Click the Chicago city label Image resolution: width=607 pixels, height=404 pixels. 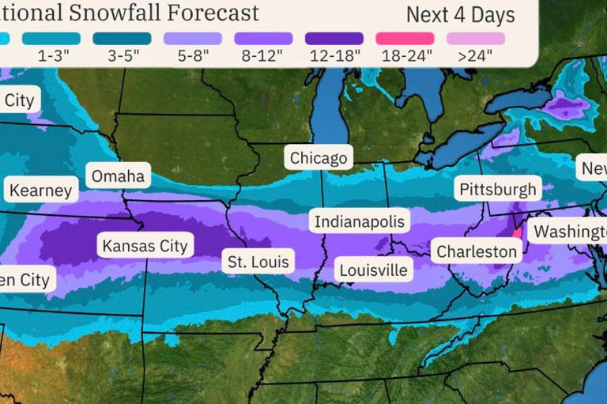pyautogui.click(x=319, y=158)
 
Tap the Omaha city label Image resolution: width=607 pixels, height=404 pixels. pyautogui.click(x=118, y=176)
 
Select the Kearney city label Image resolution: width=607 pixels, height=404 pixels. pyautogui.click(x=40, y=190)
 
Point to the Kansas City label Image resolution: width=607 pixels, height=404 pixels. pyautogui.click(x=145, y=245)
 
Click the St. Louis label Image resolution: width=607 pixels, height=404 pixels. pyautogui.click(x=258, y=261)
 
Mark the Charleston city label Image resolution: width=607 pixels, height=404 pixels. pyautogui.click(x=476, y=251)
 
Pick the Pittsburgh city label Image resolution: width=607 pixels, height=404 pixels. pyautogui.click(x=498, y=190)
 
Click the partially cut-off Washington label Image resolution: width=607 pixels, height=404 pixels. pyautogui.click(x=567, y=232)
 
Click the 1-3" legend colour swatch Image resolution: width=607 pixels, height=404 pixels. pyautogui.click(x=51, y=38)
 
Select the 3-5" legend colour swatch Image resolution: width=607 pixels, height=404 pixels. pyautogui.click(x=122, y=38)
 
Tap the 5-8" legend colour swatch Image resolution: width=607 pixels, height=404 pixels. pyautogui.click(x=193, y=38)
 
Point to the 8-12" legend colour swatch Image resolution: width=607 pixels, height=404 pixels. pyautogui.click(x=264, y=38)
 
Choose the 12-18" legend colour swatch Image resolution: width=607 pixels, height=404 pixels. pyautogui.click(x=334, y=38)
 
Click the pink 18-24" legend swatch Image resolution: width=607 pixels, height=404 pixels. pyautogui.click(x=405, y=38)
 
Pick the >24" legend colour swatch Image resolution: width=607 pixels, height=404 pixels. pyautogui.click(x=476, y=38)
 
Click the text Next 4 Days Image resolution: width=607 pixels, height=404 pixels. pyautogui.click(x=460, y=14)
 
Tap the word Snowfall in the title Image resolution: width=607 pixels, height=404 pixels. pyautogui.click(x=115, y=13)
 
